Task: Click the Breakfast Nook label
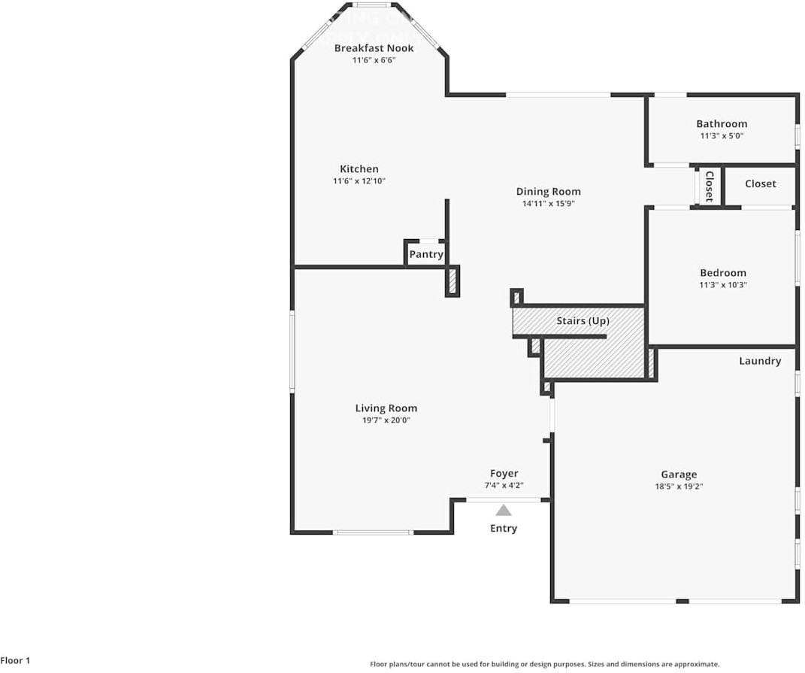374,48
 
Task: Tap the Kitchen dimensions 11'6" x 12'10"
359,181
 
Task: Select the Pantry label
425,255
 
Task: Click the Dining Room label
548,192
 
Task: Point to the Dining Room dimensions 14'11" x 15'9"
548,204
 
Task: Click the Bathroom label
722,124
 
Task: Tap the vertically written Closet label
708,186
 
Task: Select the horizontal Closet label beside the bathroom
760,183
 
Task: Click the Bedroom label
723,273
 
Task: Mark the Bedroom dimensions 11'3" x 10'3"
723,285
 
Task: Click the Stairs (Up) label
583,321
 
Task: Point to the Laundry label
760,361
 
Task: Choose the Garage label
679,474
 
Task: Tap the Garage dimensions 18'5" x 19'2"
679,487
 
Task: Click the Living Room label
386,408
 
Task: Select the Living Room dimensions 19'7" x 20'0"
386,420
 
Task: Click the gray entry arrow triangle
504,510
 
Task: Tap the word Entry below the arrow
504,529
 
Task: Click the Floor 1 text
15,661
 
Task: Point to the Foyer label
504,474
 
